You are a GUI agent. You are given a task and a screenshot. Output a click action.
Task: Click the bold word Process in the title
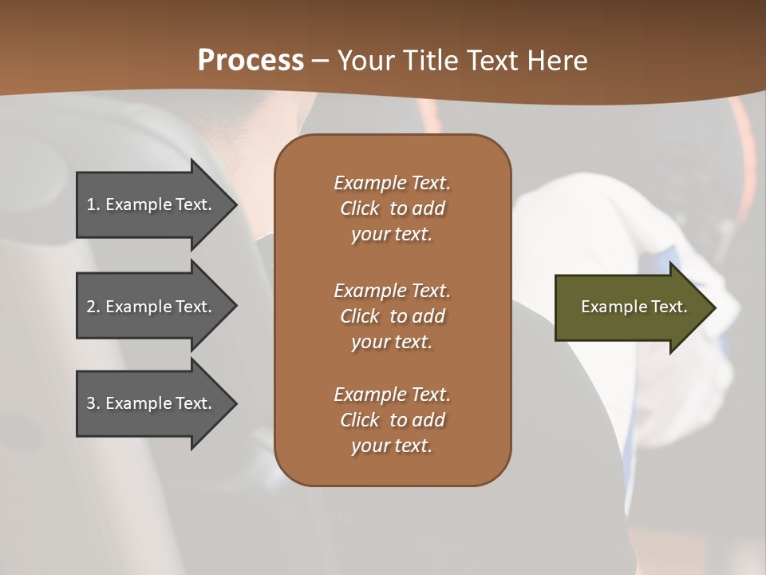[x=251, y=61]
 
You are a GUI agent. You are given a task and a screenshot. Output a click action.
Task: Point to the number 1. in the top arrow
[x=93, y=204]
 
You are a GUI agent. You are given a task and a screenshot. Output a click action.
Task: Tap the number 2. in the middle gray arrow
[x=93, y=307]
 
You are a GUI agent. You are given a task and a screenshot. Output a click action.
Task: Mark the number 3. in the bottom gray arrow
[x=93, y=403]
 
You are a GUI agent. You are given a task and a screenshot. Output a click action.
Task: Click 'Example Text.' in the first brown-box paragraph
[x=392, y=183]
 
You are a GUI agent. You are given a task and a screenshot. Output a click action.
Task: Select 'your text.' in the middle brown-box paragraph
[x=392, y=342]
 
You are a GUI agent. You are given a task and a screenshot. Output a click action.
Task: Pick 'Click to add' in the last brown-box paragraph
[x=392, y=420]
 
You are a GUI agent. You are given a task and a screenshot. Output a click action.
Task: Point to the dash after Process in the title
[x=321, y=61]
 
